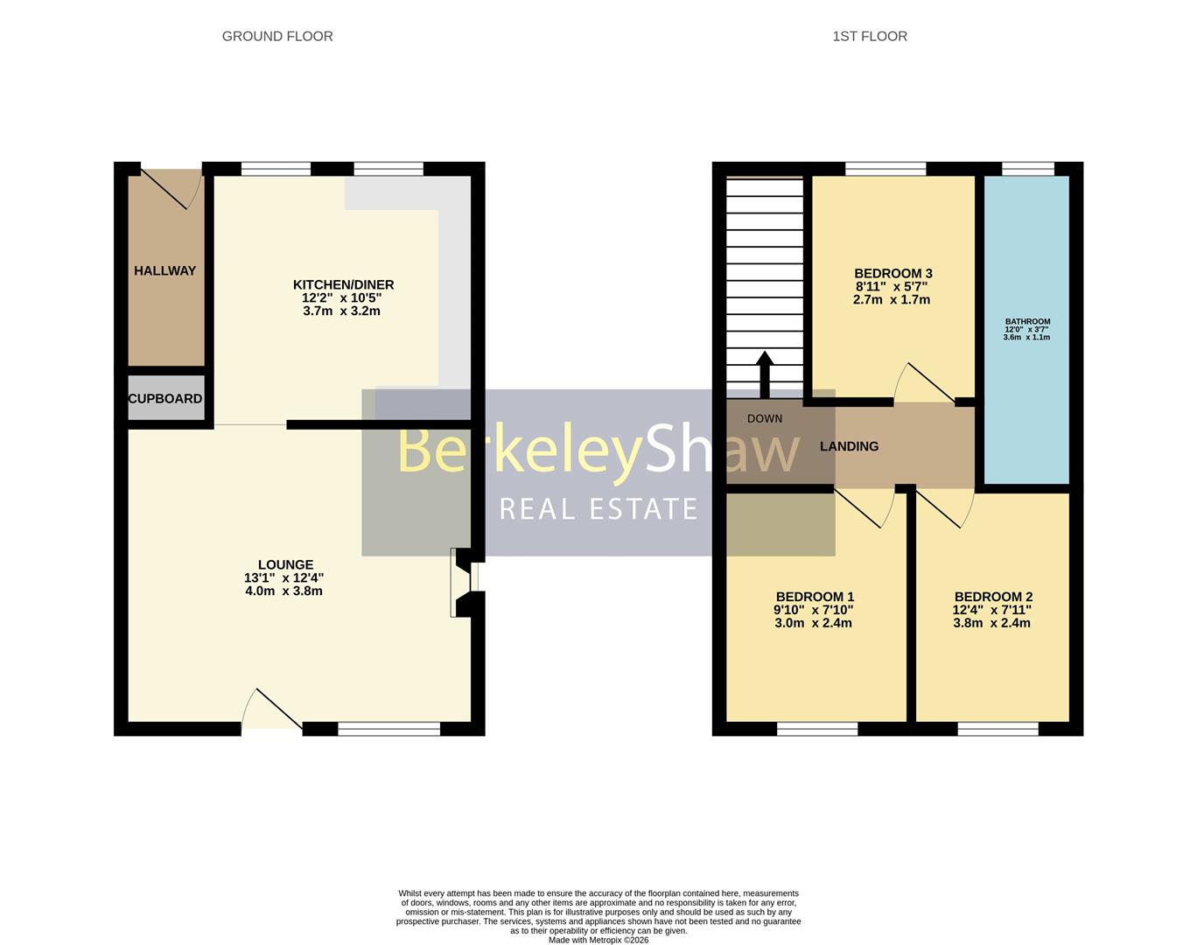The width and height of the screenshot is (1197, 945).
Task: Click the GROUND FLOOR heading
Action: point(277,36)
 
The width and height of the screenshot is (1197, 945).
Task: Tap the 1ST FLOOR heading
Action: point(869,36)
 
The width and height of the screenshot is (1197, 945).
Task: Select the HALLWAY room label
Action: point(164,271)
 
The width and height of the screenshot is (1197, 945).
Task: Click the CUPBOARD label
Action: point(165,399)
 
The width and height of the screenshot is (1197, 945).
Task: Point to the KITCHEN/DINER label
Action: point(343,285)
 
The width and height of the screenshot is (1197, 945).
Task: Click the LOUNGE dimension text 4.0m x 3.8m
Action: point(283,591)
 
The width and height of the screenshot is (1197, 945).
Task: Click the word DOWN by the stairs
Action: point(765,418)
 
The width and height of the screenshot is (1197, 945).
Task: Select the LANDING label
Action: point(849,446)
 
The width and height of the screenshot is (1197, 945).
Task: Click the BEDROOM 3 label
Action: point(892,273)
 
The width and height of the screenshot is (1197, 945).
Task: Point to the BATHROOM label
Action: point(1027,322)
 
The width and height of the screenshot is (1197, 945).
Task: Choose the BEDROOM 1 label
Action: point(814,597)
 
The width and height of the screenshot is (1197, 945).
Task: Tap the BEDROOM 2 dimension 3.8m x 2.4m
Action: point(991,623)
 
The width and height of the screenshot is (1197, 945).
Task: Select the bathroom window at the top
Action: point(1028,169)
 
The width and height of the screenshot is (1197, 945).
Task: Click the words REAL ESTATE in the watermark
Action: point(598,508)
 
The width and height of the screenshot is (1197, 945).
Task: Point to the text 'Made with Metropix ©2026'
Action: point(598,941)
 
